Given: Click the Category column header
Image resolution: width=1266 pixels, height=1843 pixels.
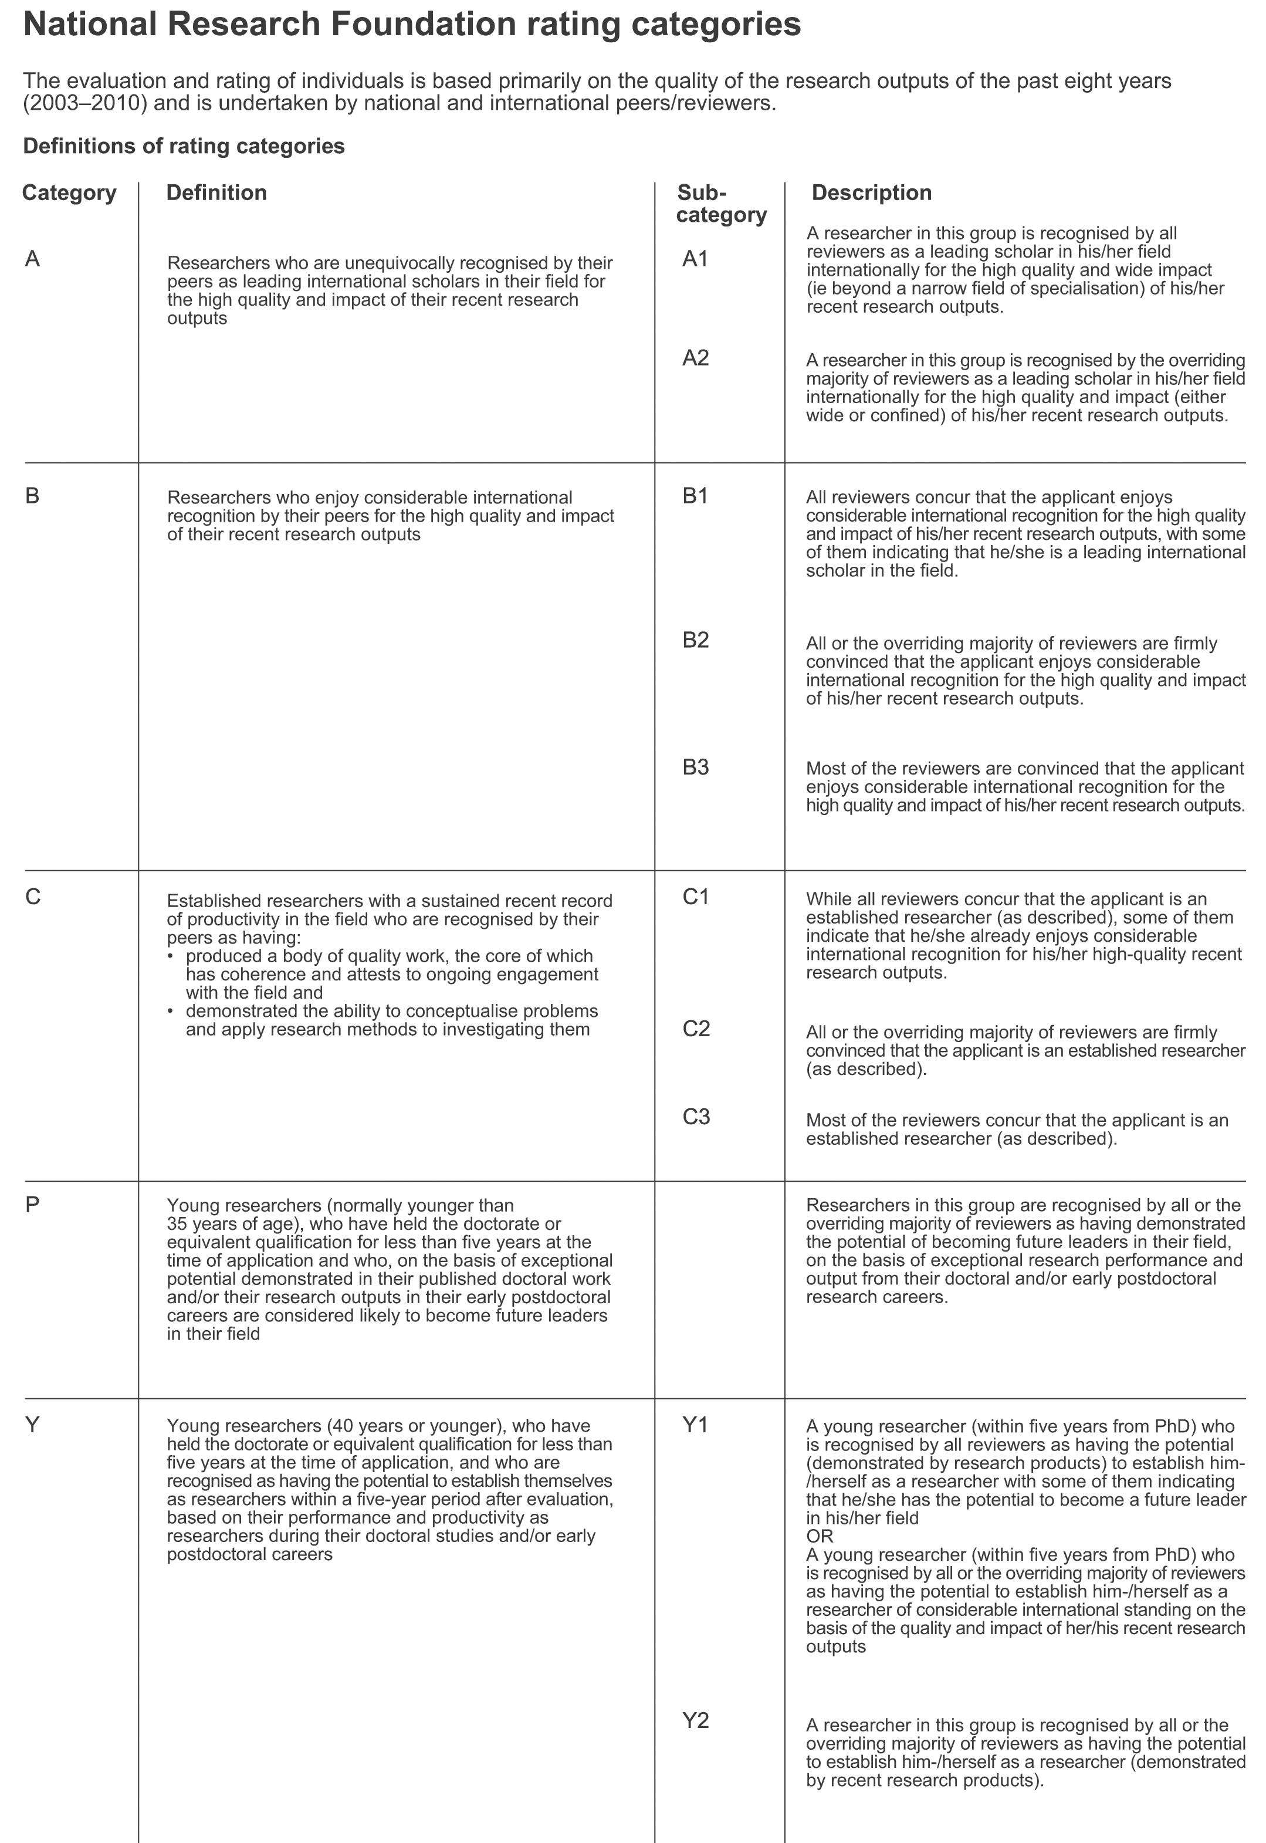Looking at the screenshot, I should tap(69, 193).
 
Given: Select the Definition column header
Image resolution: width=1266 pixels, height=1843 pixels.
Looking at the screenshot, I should tap(216, 193).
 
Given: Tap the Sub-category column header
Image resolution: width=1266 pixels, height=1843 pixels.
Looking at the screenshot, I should tap(720, 204).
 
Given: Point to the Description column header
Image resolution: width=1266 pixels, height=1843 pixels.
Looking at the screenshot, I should tap(871, 193).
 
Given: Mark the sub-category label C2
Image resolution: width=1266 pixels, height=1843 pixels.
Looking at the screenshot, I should tap(696, 1029).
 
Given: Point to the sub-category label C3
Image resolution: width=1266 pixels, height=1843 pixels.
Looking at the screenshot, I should tap(696, 1117).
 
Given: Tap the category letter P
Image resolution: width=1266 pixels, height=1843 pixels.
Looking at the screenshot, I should tap(32, 1205).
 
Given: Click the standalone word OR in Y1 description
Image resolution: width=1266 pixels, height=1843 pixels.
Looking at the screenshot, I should tap(820, 1537).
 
